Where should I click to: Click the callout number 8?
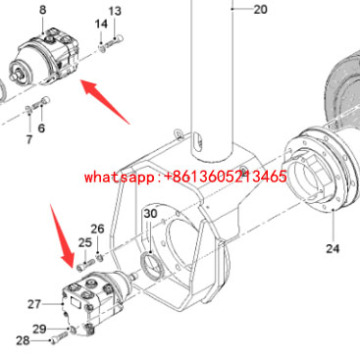(x=43, y=10)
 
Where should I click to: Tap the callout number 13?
(x=115, y=12)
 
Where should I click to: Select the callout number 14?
(x=101, y=25)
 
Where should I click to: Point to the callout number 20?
(x=260, y=10)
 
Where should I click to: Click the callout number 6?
(x=41, y=128)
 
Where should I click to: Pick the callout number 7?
(x=29, y=139)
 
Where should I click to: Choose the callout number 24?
(x=333, y=248)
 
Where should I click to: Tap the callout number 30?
(x=150, y=214)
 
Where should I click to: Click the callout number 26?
(x=97, y=229)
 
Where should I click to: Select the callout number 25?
(x=85, y=242)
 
